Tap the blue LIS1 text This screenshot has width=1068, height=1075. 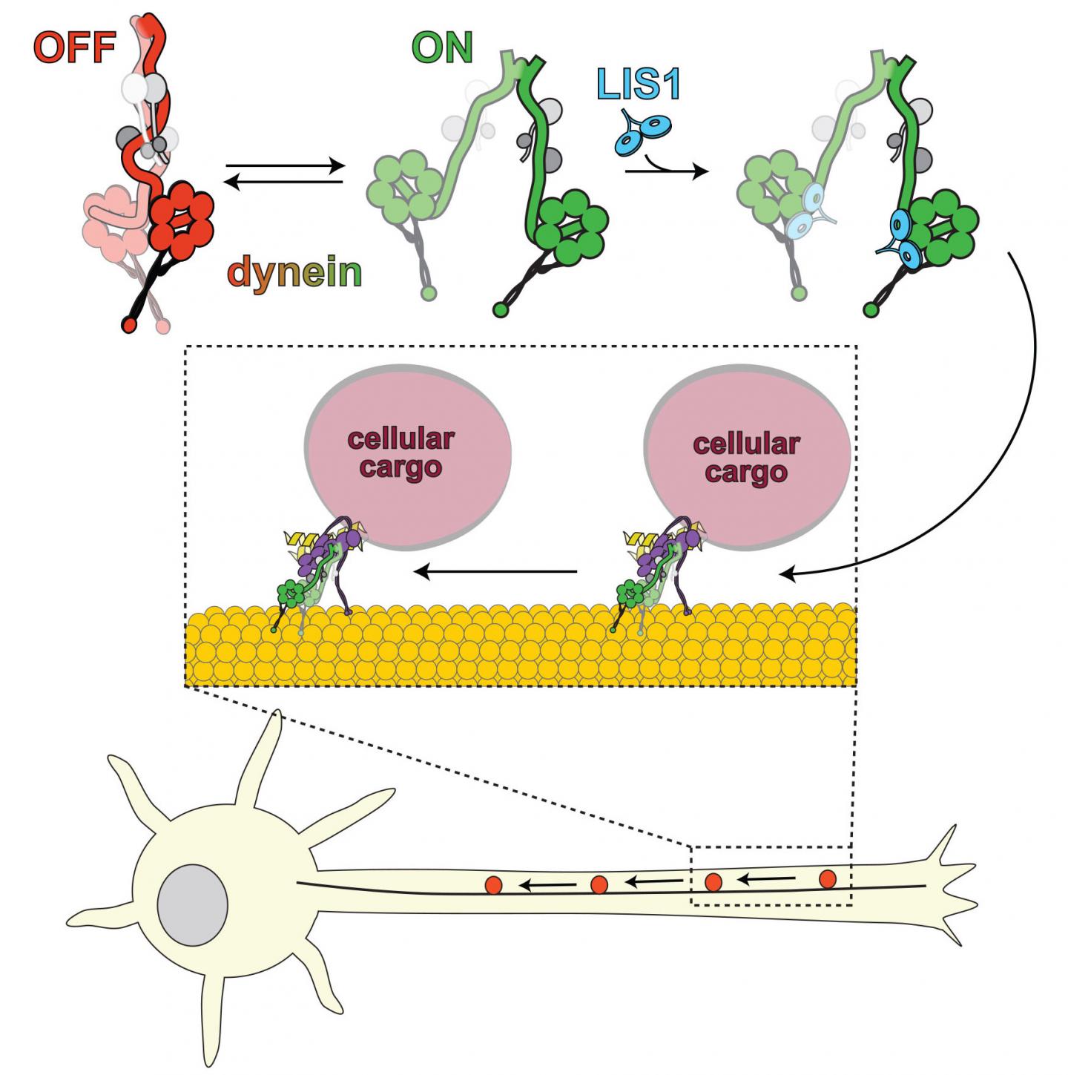click(x=638, y=84)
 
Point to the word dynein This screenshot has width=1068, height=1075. click(x=294, y=272)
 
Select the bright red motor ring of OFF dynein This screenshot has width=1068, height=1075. click(x=182, y=219)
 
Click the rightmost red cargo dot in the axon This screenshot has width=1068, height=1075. click(x=828, y=879)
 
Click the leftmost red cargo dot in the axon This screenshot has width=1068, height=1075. click(x=493, y=884)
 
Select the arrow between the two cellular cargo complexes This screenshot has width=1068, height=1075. click(x=495, y=571)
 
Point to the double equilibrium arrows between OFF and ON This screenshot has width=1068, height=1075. click(x=285, y=174)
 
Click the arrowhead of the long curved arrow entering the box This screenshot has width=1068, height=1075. click(x=788, y=573)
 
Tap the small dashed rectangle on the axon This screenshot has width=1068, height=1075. click(x=771, y=875)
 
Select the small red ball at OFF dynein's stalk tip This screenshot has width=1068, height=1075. click(x=129, y=324)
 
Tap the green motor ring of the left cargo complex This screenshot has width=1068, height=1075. click(x=291, y=594)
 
